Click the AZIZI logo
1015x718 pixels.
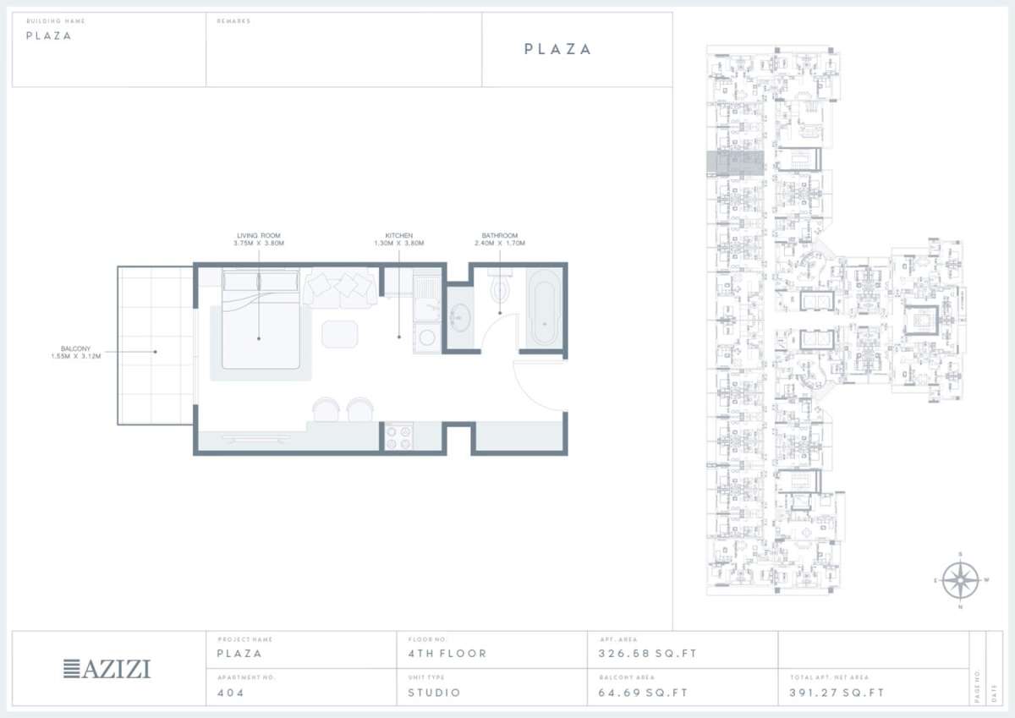(x=107, y=669)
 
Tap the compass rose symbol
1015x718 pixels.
(x=959, y=580)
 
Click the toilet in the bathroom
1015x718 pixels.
(x=499, y=288)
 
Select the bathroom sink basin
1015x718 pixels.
(x=460, y=318)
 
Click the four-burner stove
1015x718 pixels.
(x=398, y=436)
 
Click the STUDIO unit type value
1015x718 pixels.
(x=433, y=693)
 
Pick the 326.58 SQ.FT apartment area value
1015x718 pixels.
(x=638, y=654)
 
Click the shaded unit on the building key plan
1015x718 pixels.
(x=735, y=162)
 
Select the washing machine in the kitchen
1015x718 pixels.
(x=428, y=337)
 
